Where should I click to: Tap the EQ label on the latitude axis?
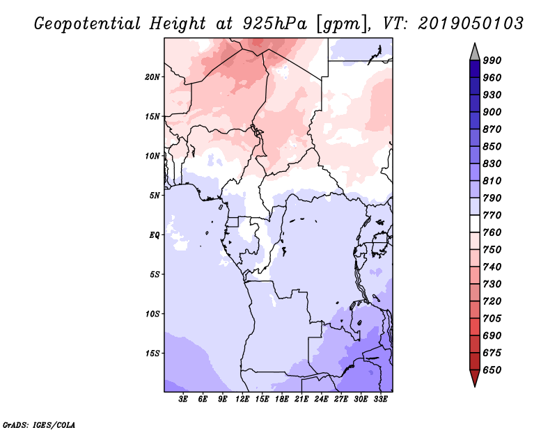pos(155,234)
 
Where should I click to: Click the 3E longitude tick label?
pos(184,399)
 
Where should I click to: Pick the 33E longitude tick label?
pos(380,399)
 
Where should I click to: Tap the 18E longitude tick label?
pos(282,399)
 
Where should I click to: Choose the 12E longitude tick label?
pos(243,399)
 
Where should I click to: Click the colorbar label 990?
pos(492,61)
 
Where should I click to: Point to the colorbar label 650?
pos(492,370)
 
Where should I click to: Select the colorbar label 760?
pos(492,232)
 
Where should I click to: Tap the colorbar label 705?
pos(492,319)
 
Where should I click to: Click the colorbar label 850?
pos(492,147)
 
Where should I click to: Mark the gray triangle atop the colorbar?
pos(475,51)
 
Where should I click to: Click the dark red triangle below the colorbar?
pos(475,378)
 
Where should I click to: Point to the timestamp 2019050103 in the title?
pos(471,23)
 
